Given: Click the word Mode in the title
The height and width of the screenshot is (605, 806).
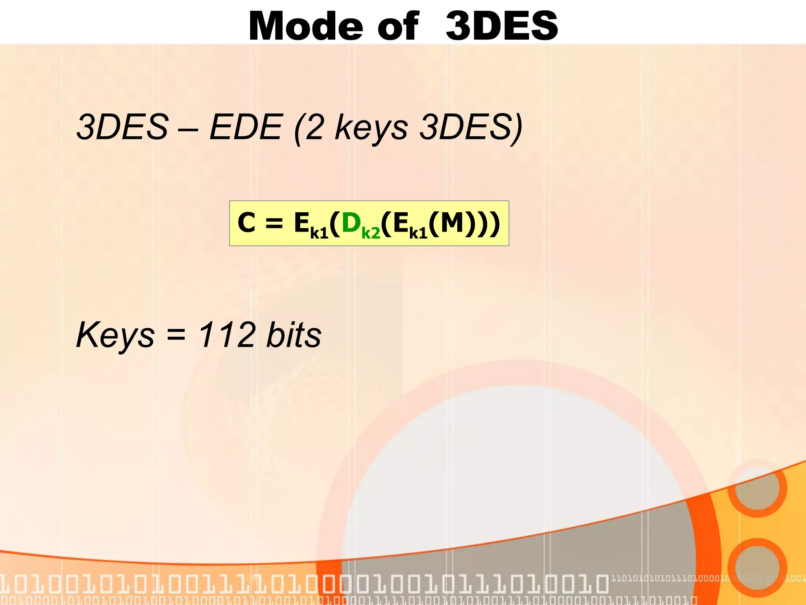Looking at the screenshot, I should pyautogui.click(x=306, y=26).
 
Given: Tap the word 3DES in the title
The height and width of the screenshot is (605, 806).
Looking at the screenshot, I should pyautogui.click(x=502, y=26).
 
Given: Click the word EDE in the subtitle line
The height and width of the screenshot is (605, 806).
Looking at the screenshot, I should pyautogui.click(x=246, y=127).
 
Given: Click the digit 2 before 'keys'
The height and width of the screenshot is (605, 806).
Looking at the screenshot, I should pyautogui.click(x=314, y=127).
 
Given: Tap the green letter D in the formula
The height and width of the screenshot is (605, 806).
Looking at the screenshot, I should pyautogui.click(x=351, y=223).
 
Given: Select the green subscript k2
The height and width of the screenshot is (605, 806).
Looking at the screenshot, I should pyautogui.click(x=371, y=233).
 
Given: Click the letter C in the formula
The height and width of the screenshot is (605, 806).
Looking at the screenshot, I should pyautogui.click(x=247, y=223).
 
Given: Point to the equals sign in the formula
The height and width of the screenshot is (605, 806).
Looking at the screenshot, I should pyautogui.click(x=274, y=223).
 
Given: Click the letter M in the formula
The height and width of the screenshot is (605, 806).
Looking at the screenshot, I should pyautogui.click(x=452, y=223).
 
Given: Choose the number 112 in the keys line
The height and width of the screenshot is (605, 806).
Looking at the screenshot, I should pyautogui.click(x=227, y=335).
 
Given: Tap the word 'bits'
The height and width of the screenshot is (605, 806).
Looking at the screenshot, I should pyautogui.click(x=294, y=335).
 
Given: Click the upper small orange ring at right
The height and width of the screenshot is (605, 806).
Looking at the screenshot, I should pyautogui.click(x=757, y=488).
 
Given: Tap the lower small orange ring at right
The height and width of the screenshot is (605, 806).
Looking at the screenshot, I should pyautogui.click(x=757, y=568).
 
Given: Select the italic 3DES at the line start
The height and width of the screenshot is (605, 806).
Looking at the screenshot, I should pyautogui.click(x=122, y=127).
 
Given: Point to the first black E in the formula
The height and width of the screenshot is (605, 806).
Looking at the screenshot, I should pyautogui.click(x=302, y=223).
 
